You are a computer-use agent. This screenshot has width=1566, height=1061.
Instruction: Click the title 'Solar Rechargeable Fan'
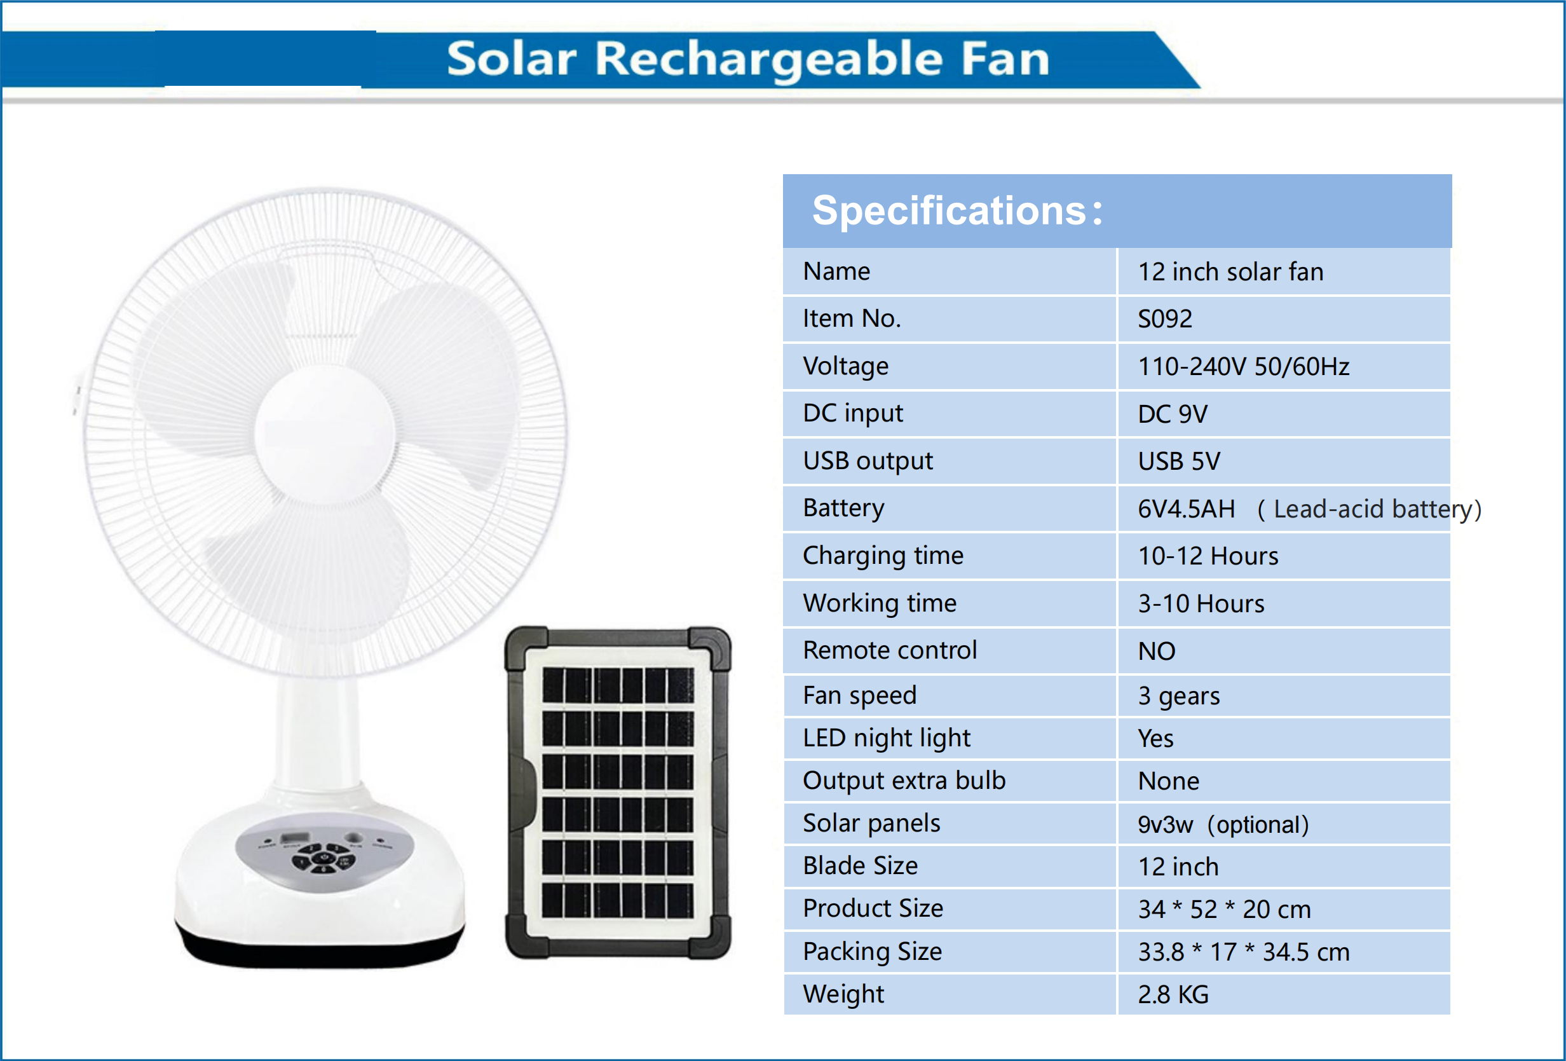click(x=748, y=59)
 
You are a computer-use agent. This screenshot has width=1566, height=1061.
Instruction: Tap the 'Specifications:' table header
click(x=957, y=211)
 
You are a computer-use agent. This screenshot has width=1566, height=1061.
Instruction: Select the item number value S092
click(x=1164, y=319)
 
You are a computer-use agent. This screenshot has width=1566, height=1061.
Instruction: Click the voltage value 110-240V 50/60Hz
click(x=1243, y=367)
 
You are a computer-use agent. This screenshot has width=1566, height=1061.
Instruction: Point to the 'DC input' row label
click(x=852, y=413)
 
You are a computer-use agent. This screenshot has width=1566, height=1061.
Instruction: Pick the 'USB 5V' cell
click(x=1178, y=462)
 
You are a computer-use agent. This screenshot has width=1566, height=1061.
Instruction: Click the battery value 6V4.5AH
click(x=1186, y=509)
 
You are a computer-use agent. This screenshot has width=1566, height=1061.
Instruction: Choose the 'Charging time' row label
click(x=883, y=556)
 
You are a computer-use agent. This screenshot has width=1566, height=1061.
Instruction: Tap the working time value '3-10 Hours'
click(x=1201, y=604)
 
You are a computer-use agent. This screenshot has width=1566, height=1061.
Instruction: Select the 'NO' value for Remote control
click(x=1156, y=651)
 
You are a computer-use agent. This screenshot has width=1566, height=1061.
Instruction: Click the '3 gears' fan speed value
click(x=1178, y=696)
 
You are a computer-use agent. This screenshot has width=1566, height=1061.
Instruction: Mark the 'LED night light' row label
click(x=886, y=739)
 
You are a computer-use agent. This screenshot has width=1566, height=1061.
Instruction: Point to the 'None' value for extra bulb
click(x=1168, y=781)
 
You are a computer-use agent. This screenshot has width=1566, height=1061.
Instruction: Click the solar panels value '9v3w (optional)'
click(x=1223, y=825)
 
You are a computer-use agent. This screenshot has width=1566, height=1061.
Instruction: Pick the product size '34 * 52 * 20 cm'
click(x=1224, y=910)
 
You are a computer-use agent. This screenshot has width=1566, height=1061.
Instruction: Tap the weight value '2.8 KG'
click(x=1173, y=995)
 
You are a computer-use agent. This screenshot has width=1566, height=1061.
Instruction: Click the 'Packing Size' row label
click(x=872, y=952)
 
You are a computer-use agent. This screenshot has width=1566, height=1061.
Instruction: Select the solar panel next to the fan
click(x=618, y=793)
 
